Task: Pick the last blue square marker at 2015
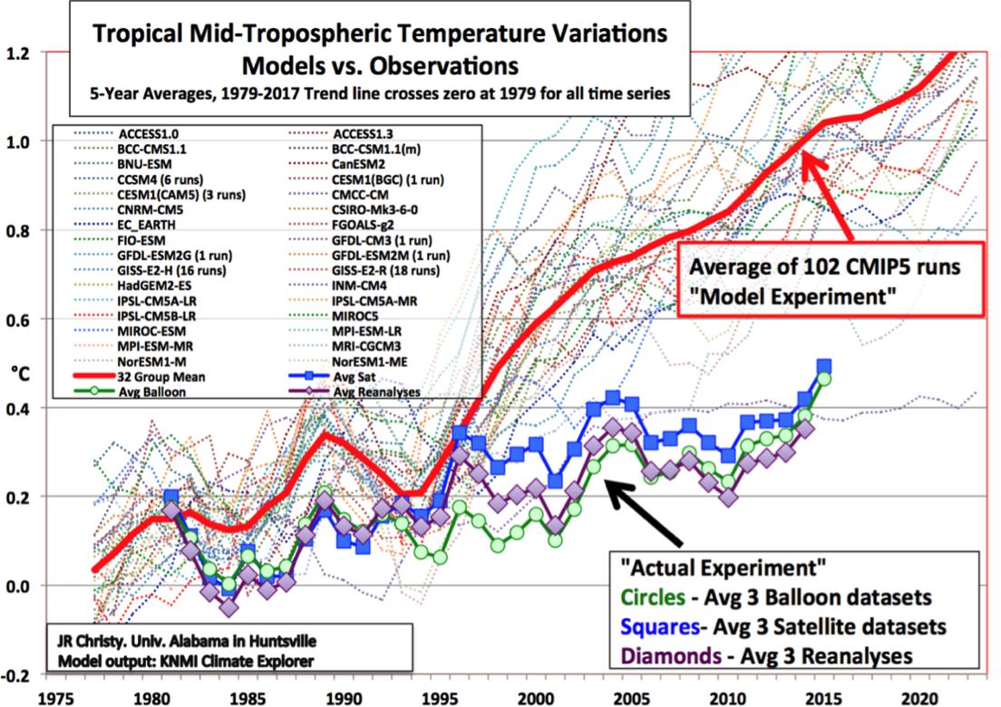pyautogui.click(x=824, y=366)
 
